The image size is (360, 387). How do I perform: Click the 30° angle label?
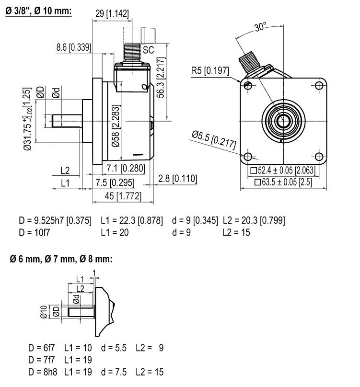(x=260, y=26)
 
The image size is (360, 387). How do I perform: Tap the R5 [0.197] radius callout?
(x=210, y=71)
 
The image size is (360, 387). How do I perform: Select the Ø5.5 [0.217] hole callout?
(x=214, y=140)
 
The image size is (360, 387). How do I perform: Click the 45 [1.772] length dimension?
(x=123, y=196)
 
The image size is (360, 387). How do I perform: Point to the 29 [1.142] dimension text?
(x=112, y=13)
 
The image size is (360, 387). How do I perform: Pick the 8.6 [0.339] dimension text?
(x=74, y=47)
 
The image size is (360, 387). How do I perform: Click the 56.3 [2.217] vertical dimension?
(x=161, y=78)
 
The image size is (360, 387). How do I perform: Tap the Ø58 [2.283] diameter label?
(x=116, y=126)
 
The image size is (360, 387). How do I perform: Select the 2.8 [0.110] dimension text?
(x=178, y=178)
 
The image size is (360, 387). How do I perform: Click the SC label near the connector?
(x=148, y=50)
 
